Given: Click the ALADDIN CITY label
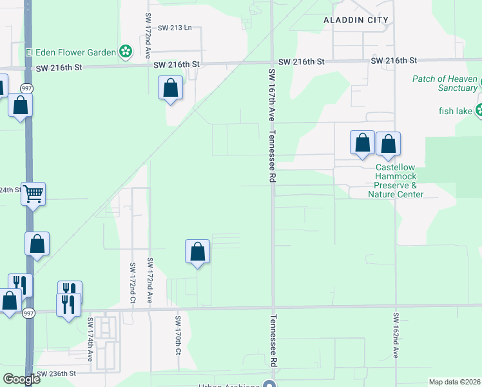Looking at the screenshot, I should [x=356, y=20].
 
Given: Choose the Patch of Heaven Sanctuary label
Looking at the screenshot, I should [x=444, y=83].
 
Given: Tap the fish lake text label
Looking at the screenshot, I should [x=453, y=110].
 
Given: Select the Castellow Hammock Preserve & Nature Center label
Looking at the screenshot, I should [x=396, y=181].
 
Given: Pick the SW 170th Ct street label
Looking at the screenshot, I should [x=177, y=335].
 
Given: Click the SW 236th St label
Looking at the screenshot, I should [x=57, y=373].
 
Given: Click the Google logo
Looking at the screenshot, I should [x=21, y=379].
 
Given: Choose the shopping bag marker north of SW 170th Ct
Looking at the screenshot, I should [x=198, y=252].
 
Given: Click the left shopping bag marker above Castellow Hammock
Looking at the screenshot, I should [x=362, y=143].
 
